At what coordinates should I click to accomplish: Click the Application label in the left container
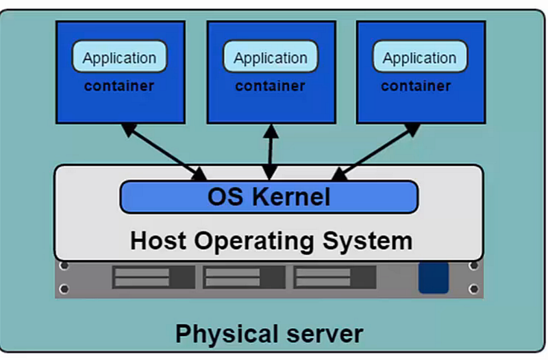[x=119, y=57]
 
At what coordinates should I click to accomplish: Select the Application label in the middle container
[x=271, y=57]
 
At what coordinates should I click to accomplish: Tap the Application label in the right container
[x=419, y=57]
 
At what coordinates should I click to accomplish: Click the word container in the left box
[x=119, y=86]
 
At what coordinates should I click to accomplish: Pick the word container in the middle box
[x=271, y=86]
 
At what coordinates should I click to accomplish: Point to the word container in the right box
[x=416, y=86]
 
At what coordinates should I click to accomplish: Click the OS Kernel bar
[x=269, y=197]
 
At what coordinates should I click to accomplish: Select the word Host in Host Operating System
[x=159, y=241]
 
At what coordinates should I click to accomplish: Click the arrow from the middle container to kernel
[x=271, y=152]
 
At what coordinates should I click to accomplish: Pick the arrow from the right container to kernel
[x=376, y=151]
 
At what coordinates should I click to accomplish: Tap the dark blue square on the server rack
[x=433, y=277]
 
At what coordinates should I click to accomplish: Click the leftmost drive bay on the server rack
[x=153, y=277]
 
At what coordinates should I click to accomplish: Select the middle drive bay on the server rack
[x=244, y=277]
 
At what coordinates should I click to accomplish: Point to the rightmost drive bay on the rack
[x=334, y=277]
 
